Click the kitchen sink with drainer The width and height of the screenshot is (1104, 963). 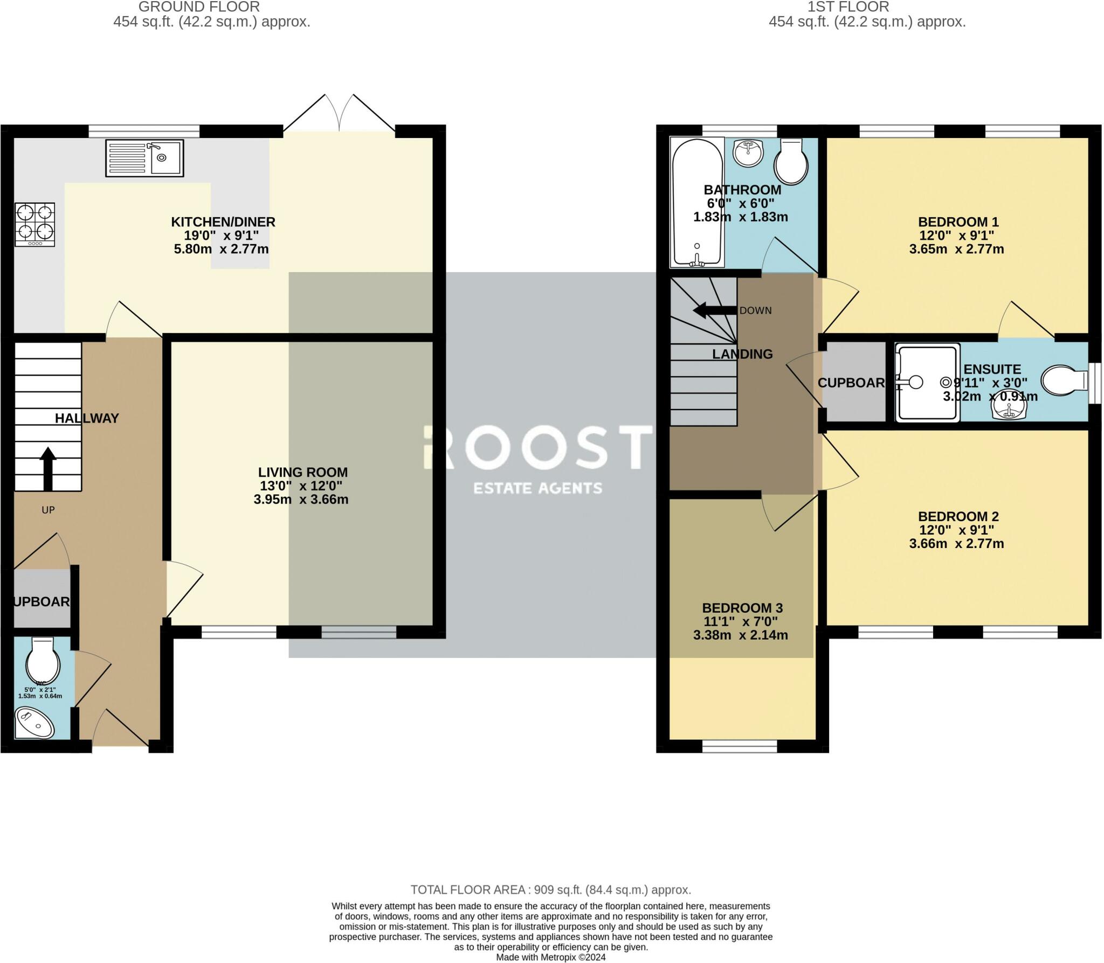click(x=144, y=158)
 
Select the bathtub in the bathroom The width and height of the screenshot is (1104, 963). click(x=696, y=203)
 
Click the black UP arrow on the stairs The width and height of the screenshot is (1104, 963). click(x=48, y=468)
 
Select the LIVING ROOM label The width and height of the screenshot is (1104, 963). click(x=302, y=472)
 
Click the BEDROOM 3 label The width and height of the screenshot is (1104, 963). click(x=742, y=608)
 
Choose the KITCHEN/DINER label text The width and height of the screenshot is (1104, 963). click(x=223, y=221)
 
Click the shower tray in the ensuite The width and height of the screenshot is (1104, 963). click(x=927, y=382)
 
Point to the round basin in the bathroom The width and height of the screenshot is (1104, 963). click(x=748, y=152)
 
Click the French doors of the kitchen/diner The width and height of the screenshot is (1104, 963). click(x=339, y=114)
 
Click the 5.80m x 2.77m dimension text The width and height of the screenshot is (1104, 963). click(x=221, y=249)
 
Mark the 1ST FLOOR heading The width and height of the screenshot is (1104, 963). click(x=848, y=7)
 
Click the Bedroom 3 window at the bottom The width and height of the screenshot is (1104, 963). click(x=740, y=746)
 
